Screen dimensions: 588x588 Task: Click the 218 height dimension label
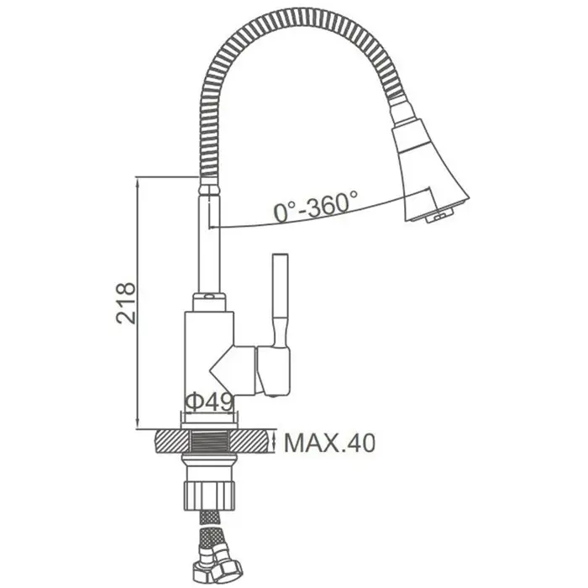pyautogui.click(x=126, y=303)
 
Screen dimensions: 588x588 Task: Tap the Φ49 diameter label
pyautogui.click(x=210, y=402)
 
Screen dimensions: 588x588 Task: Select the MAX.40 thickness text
pyautogui.click(x=329, y=443)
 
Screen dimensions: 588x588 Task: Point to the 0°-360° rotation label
pyautogui.click(x=316, y=206)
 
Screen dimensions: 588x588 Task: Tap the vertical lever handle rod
pyautogui.click(x=280, y=300)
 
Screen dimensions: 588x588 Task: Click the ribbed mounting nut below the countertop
pyautogui.click(x=209, y=496)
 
